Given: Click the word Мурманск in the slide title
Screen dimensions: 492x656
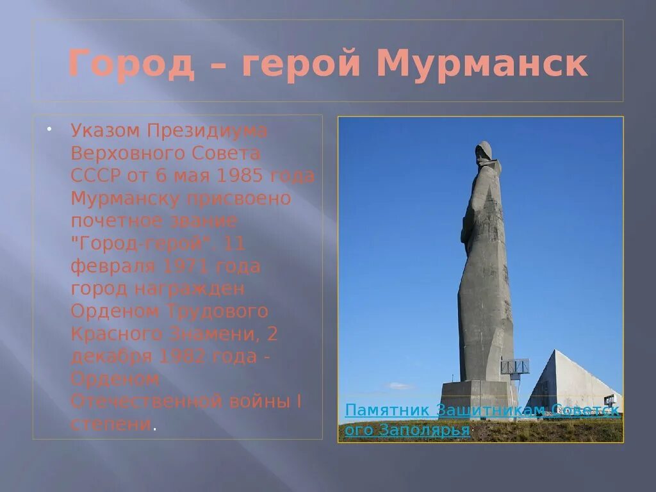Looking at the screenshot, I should click(x=482, y=64).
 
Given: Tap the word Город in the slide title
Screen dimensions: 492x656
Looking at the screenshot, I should click(x=131, y=64).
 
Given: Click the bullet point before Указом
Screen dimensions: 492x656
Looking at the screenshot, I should click(x=49, y=129).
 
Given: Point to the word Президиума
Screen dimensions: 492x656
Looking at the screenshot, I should click(x=207, y=131).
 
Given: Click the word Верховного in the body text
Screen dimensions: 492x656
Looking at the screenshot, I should click(x=126, y=153).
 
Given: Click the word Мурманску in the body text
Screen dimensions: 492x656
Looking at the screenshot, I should click(x=125, y=198).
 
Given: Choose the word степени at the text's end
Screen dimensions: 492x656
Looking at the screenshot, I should click(x=111, y=424).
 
